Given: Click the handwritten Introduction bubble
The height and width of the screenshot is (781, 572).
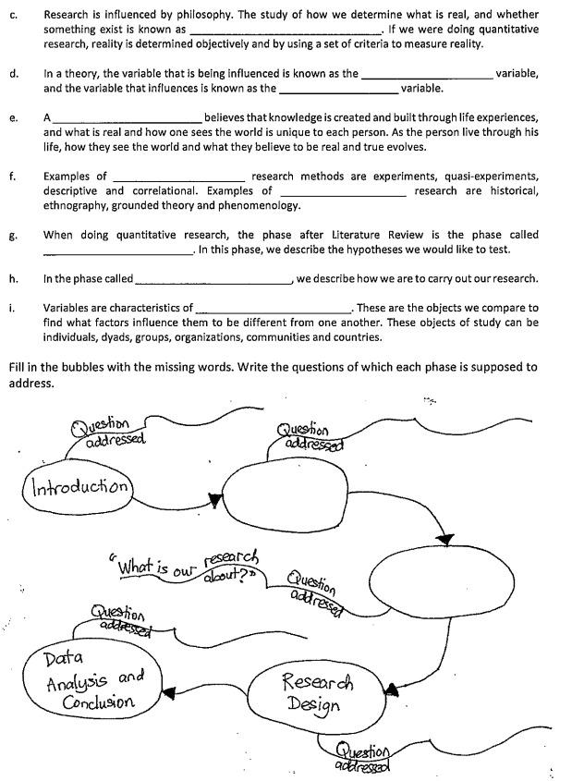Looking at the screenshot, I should coord(79,486).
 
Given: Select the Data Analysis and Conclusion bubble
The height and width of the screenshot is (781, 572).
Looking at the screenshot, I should coord(91,682).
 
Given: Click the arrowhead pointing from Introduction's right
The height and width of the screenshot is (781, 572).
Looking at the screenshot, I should coord(215,500).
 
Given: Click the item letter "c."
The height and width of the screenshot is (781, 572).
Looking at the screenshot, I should coord(13,16).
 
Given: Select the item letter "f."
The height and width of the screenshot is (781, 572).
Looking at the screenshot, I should coord(13,176).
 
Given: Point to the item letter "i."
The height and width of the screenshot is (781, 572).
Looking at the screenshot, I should coord(12,308).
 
